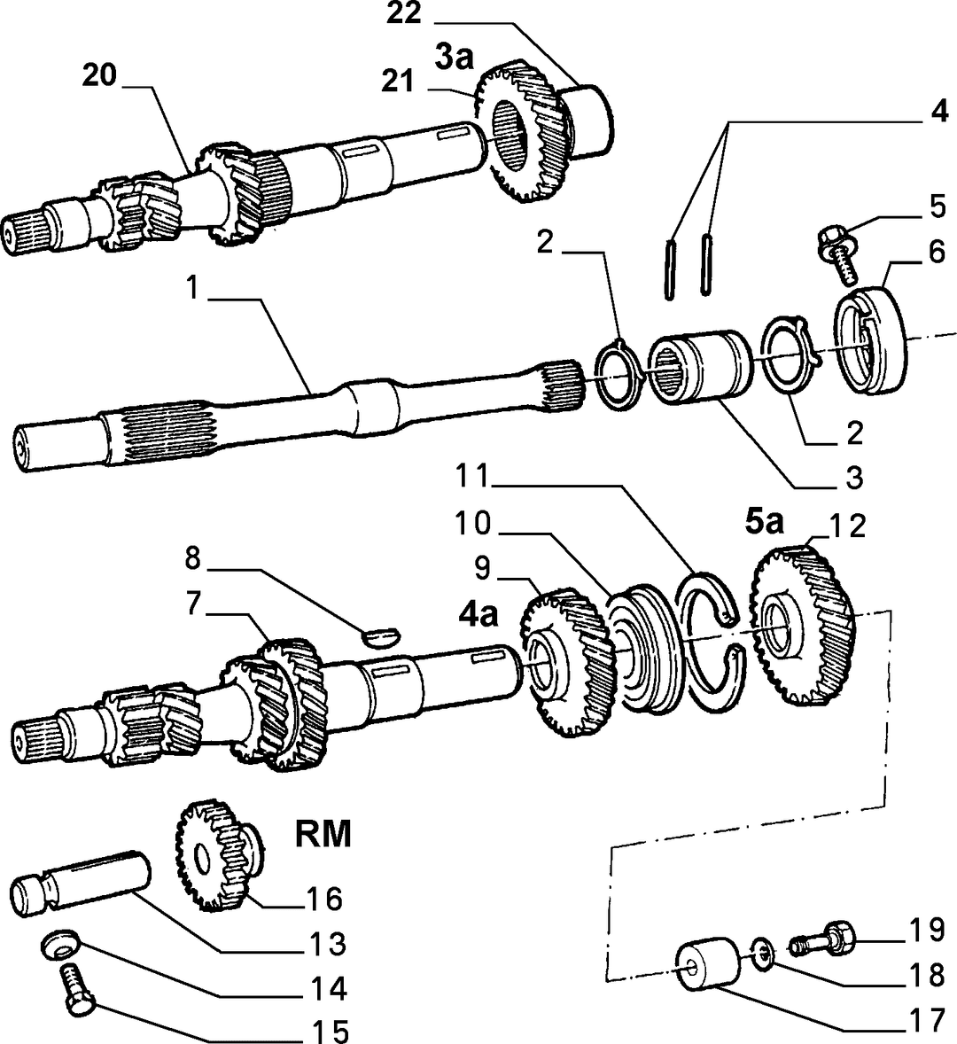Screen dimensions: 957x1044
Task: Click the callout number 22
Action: pos(404,12)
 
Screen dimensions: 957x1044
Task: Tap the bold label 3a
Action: pos(455,57)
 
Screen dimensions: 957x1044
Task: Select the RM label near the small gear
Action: pos(323,834)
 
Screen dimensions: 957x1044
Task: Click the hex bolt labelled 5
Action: pos(836,253)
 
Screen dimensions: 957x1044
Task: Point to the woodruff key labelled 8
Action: pos(381,636)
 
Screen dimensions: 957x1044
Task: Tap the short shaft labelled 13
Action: pos(81,883)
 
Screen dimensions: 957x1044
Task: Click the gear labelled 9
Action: pos(567,663)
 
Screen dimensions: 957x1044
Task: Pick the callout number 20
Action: pos(99,75)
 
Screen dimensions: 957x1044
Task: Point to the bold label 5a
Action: pos(764,523)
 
